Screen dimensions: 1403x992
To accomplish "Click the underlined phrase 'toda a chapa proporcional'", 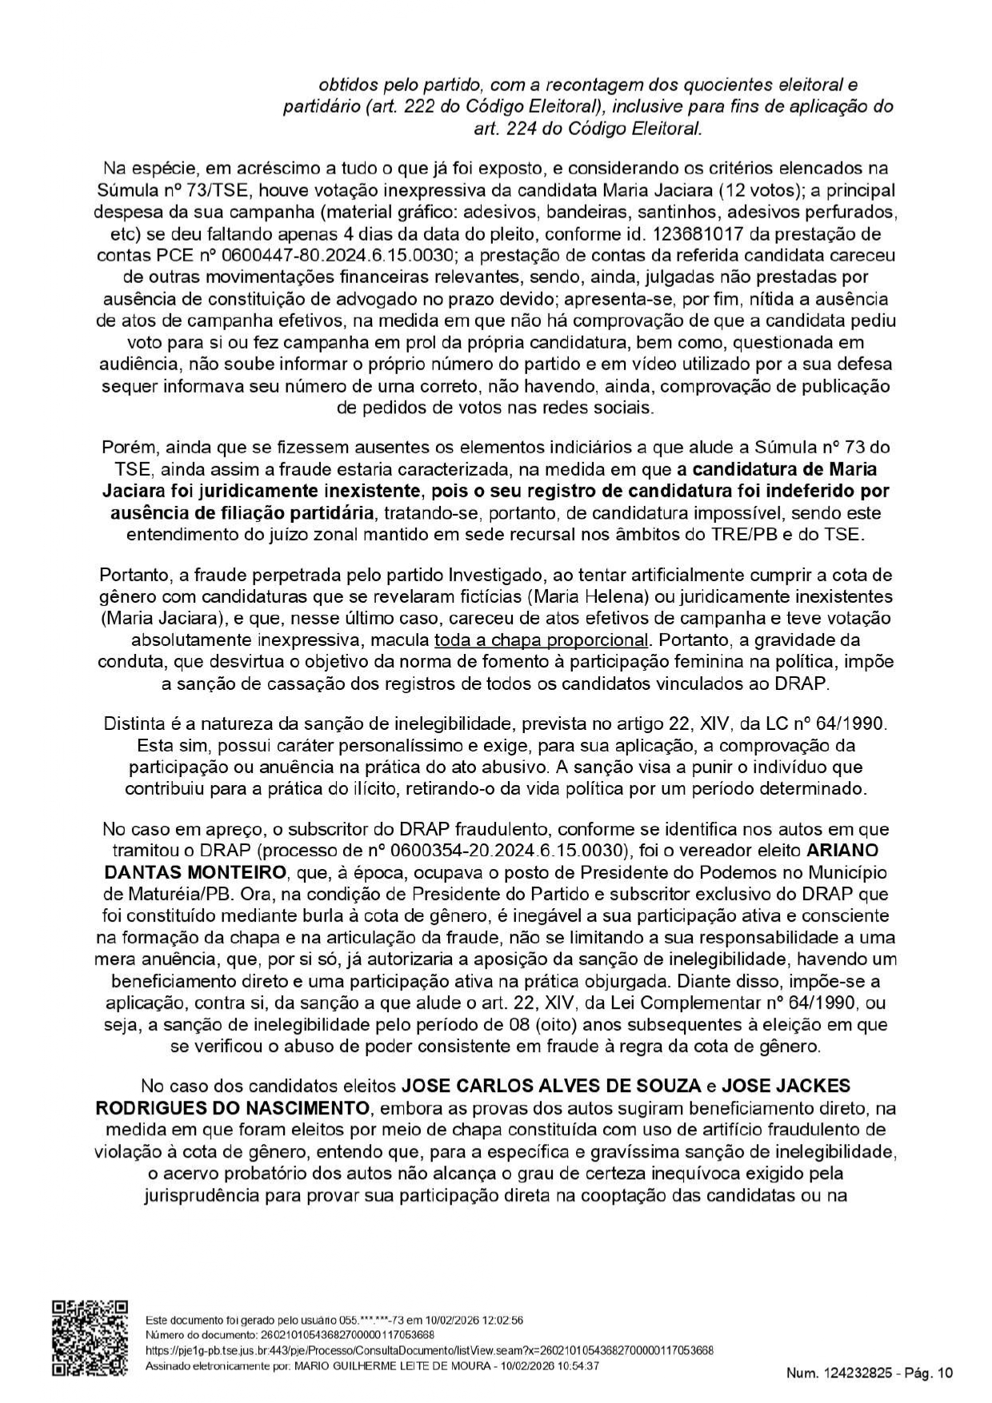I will click(x=541, y=640).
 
